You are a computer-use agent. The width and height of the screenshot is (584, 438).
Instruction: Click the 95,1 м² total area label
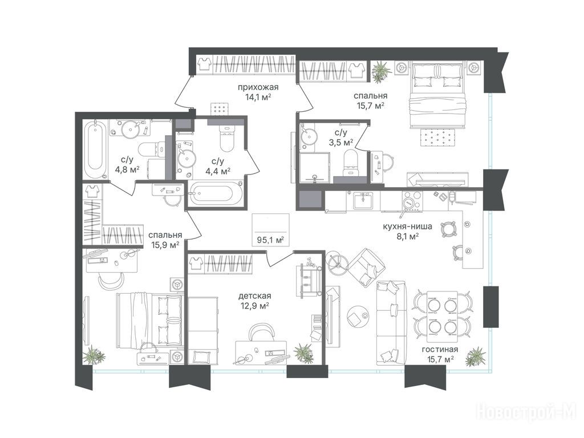pyautogui.click(x=270, y=240)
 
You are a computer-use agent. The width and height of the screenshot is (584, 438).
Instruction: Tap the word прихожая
pyautogui.click(x=258, y=87)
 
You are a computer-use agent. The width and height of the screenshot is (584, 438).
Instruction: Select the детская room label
pyautogui.click(x=255, y=296)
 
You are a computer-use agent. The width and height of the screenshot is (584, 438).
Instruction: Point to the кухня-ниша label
pyautogui.click(x=407, y=226)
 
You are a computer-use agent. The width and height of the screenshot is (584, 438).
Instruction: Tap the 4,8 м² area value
pyautogui.click(x=127, y=169)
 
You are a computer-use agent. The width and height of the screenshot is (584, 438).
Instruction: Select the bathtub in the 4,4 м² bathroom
pyautogui.click(x=216, y=193)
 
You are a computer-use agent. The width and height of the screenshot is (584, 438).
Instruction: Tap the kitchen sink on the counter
pyautogui.click(x=363, y=201)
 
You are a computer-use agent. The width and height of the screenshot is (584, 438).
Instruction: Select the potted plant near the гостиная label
pyautogui.click(x=475, y=356)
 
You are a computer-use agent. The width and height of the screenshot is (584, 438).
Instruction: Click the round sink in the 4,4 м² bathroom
pyautogui.click(x=185, y=159)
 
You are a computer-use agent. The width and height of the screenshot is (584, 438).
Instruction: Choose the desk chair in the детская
pyautogui.click(x=261, y=331)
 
